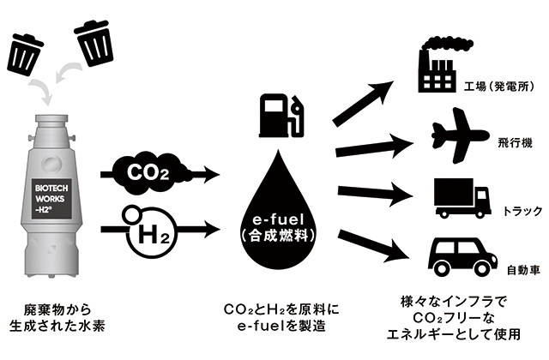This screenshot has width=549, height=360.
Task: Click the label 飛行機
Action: pyautogui.click(x=510, y=144)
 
